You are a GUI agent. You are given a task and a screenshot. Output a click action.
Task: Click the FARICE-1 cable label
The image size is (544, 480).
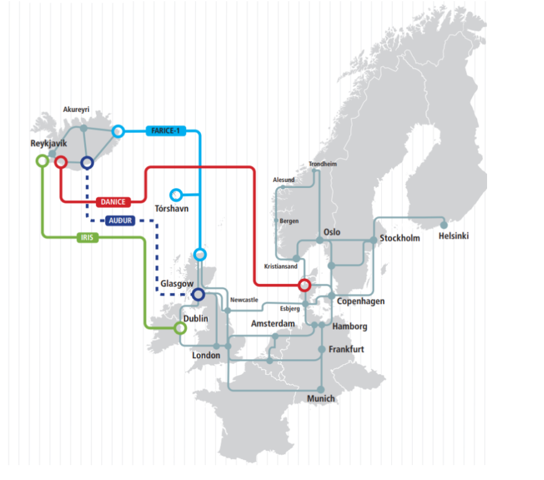click(165, 131)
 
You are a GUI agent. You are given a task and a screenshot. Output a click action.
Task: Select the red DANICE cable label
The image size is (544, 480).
click(114, 202)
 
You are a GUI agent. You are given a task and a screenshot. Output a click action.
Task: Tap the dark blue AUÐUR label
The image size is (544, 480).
click(119, 220)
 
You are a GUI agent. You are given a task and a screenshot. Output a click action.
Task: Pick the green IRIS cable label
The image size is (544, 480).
click(87, 238)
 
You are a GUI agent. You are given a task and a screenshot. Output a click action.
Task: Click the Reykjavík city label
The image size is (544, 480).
click(48, 144)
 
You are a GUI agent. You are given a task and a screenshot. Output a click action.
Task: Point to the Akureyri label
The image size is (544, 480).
click(76, 109)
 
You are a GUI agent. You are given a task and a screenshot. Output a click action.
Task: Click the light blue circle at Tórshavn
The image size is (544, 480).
click(176, 195)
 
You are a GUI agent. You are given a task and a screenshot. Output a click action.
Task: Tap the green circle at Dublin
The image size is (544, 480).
click(180, 328)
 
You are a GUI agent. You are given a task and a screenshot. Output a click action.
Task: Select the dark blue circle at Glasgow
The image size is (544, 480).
click(198, 294)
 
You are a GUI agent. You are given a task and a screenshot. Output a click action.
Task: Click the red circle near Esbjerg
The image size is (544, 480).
click(304, 285)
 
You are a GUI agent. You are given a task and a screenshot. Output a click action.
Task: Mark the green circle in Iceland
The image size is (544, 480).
click(42, 161)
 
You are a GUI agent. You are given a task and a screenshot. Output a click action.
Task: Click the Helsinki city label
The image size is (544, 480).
click(454, 236)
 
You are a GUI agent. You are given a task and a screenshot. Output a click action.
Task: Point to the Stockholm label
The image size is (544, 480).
click(400, 238)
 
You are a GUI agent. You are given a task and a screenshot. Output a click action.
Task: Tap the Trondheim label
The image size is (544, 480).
click(322, 164)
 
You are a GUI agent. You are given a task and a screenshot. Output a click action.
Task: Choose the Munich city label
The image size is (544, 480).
click(321, 399)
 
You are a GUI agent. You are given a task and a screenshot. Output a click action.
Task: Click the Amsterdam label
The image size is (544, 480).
click(273, 324)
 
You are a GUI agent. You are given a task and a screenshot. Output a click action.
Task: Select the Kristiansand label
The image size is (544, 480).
click(280, 267)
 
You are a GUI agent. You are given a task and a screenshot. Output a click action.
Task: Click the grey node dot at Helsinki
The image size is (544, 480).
click(444, 225)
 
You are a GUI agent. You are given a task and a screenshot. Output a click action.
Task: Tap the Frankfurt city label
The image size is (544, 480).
click(346, 349)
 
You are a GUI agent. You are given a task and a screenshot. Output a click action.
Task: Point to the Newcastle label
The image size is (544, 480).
click(244, 300)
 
